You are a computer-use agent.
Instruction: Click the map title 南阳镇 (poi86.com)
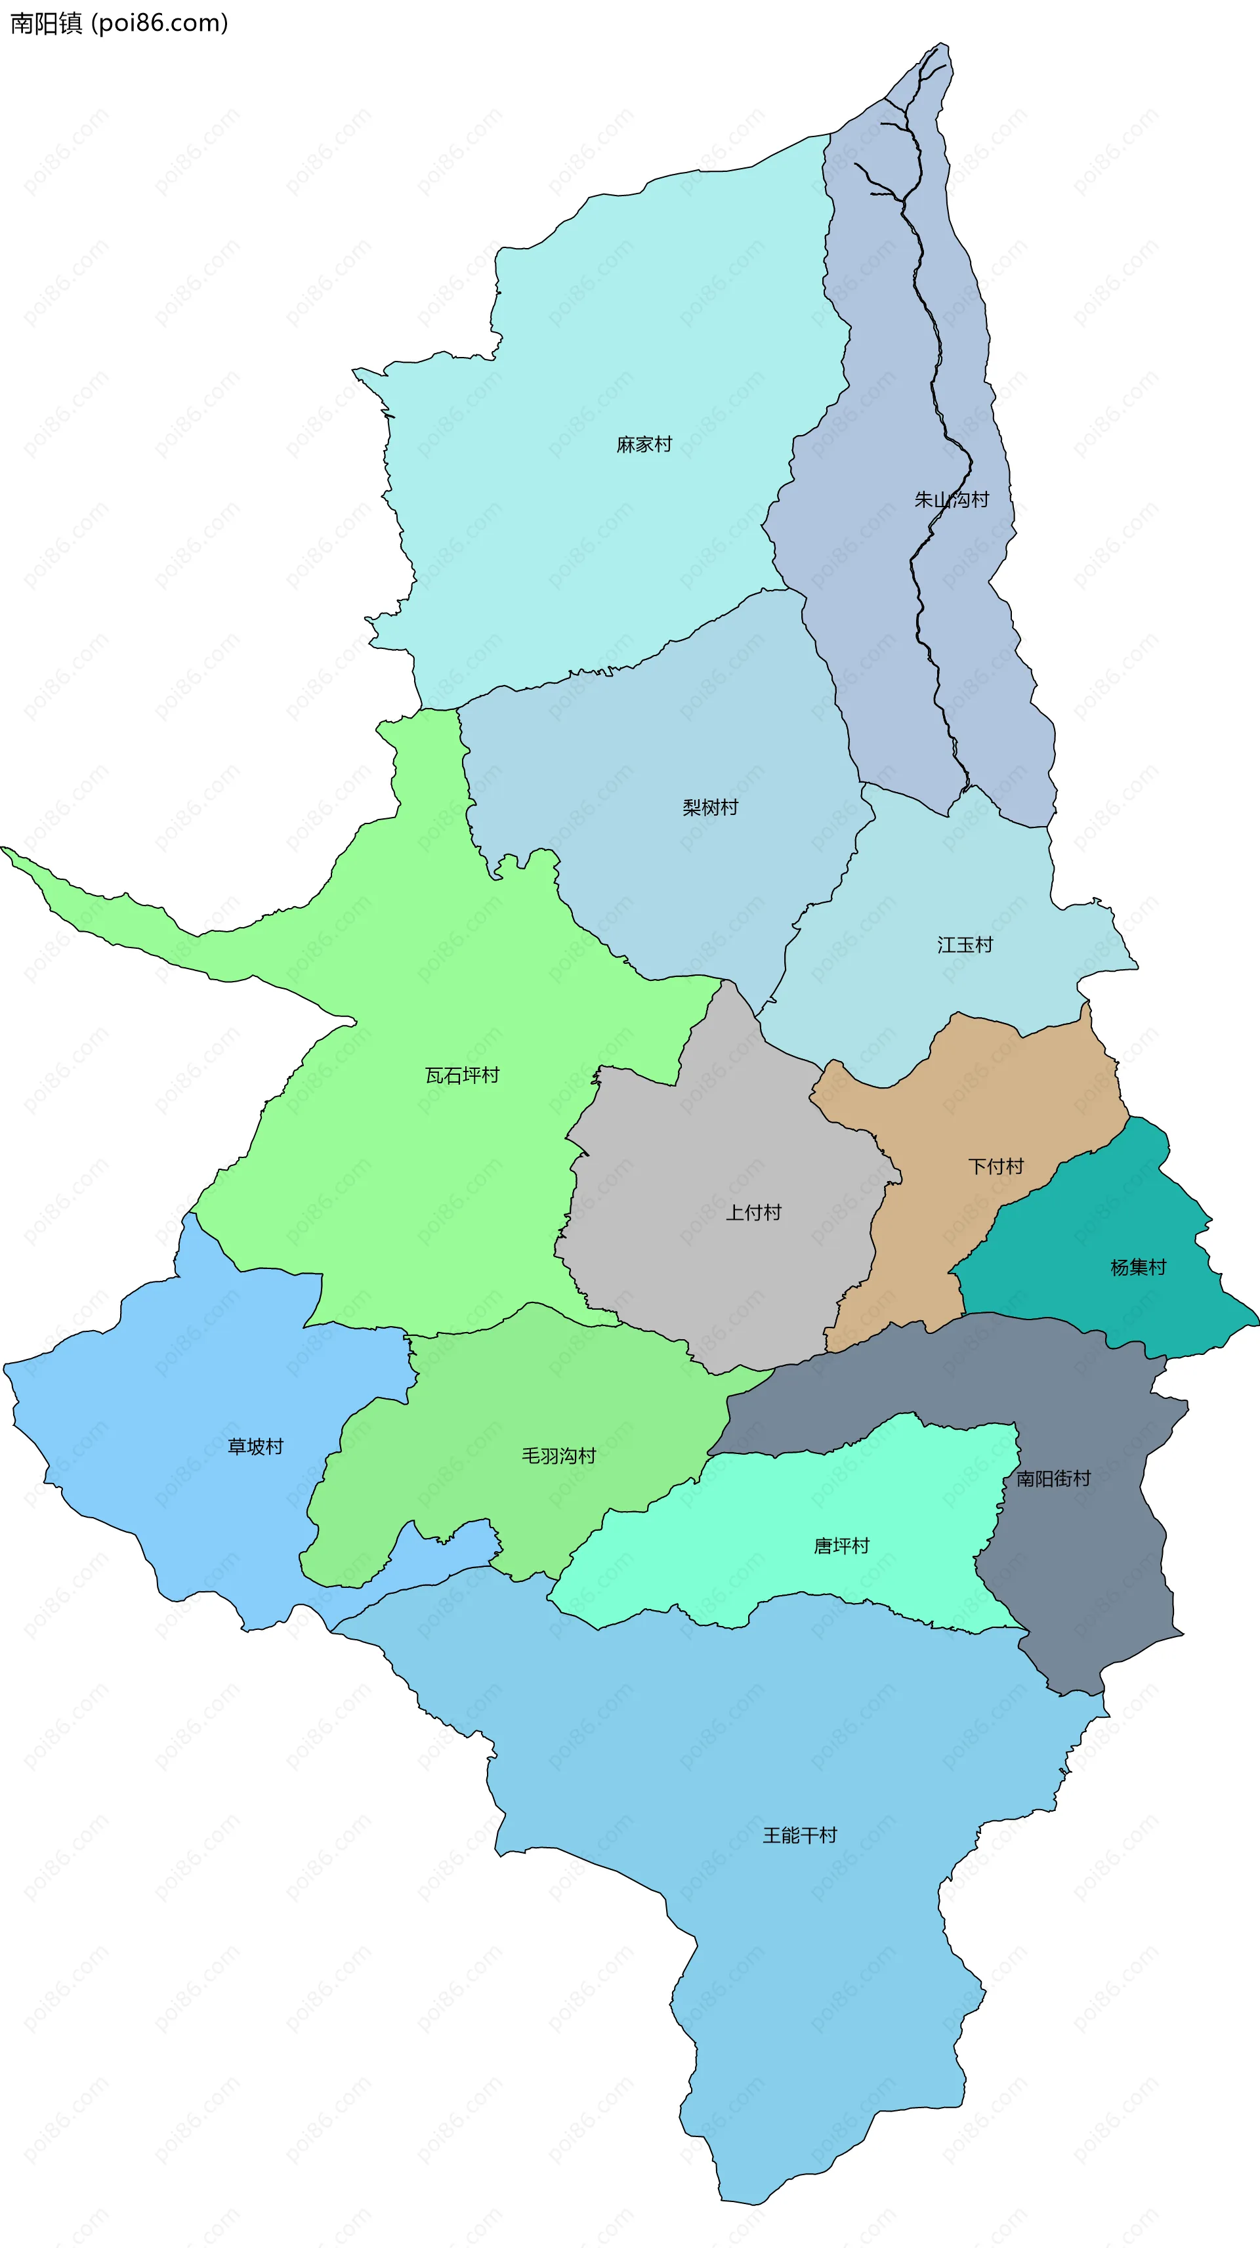coord(119,23)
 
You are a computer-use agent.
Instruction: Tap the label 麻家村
coord(644,445)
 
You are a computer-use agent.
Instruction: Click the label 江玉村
coord(965,945)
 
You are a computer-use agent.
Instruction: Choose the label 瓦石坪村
coord(463,1076)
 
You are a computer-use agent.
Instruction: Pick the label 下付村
coord(996,1167)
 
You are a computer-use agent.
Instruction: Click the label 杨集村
coord(1138,1268)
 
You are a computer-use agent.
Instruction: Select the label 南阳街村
coord(1054,1479)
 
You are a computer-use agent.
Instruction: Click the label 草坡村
coord(256,1447)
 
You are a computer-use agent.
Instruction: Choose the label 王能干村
coord(800,1836)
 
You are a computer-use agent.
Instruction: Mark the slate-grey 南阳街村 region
coord(1091,1571)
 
